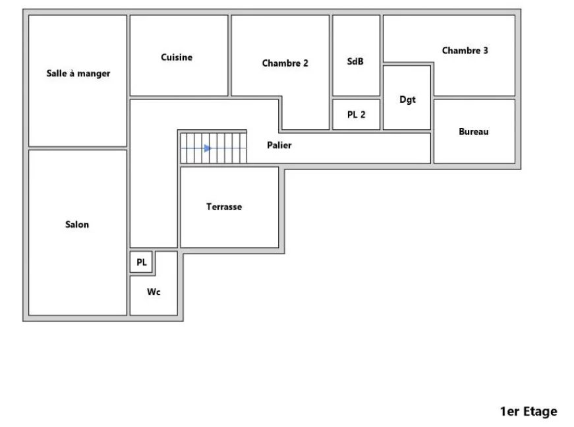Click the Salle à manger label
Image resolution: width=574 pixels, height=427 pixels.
78,74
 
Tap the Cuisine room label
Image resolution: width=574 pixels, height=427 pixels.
177,57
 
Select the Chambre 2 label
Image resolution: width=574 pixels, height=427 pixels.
285,63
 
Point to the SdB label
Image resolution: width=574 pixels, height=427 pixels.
355,61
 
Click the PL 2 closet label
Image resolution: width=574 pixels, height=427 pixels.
356,115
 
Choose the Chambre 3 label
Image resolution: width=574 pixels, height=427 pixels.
465,51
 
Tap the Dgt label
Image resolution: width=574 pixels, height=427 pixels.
407,100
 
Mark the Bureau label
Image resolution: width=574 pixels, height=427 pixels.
473,131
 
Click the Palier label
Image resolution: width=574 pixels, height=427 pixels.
279,145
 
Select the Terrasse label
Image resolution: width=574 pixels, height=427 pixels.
224,207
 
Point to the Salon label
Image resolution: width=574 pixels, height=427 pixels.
77,224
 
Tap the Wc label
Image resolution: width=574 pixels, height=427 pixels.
154,292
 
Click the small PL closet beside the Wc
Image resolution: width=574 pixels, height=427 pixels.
141,262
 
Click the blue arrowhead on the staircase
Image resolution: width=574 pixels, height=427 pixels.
208,148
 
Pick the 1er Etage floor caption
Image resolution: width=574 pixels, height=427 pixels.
529,411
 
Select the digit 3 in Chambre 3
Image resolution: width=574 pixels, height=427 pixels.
486,51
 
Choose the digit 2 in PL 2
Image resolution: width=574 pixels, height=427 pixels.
362,115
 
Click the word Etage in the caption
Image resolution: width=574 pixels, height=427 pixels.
540,412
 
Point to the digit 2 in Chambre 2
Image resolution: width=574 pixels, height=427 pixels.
306,63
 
